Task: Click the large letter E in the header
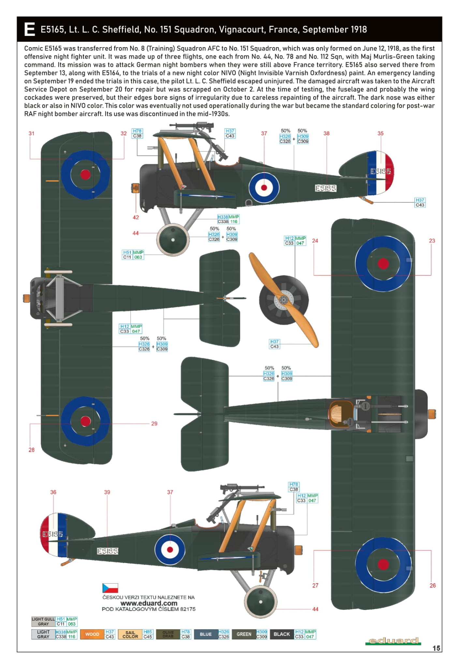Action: pos(29,29)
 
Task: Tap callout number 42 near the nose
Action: pos(136,217)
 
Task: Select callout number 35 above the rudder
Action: pos(380,133)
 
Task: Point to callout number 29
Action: pos(154,424)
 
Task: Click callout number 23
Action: pos(432,241)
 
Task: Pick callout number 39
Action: pos(107,492)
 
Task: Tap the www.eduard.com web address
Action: pos(149,603)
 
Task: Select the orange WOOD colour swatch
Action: pos(92,634)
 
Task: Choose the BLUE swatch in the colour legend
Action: pos(206,634)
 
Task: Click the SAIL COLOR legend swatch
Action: pos(130,634)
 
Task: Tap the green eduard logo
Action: pos(393,641)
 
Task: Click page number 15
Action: pos(436,648)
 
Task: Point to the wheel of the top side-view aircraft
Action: pos(173,240)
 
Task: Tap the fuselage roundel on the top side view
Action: pos(264,187)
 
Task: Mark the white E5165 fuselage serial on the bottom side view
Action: pos(108,551)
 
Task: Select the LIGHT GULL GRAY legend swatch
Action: pos(43,621)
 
